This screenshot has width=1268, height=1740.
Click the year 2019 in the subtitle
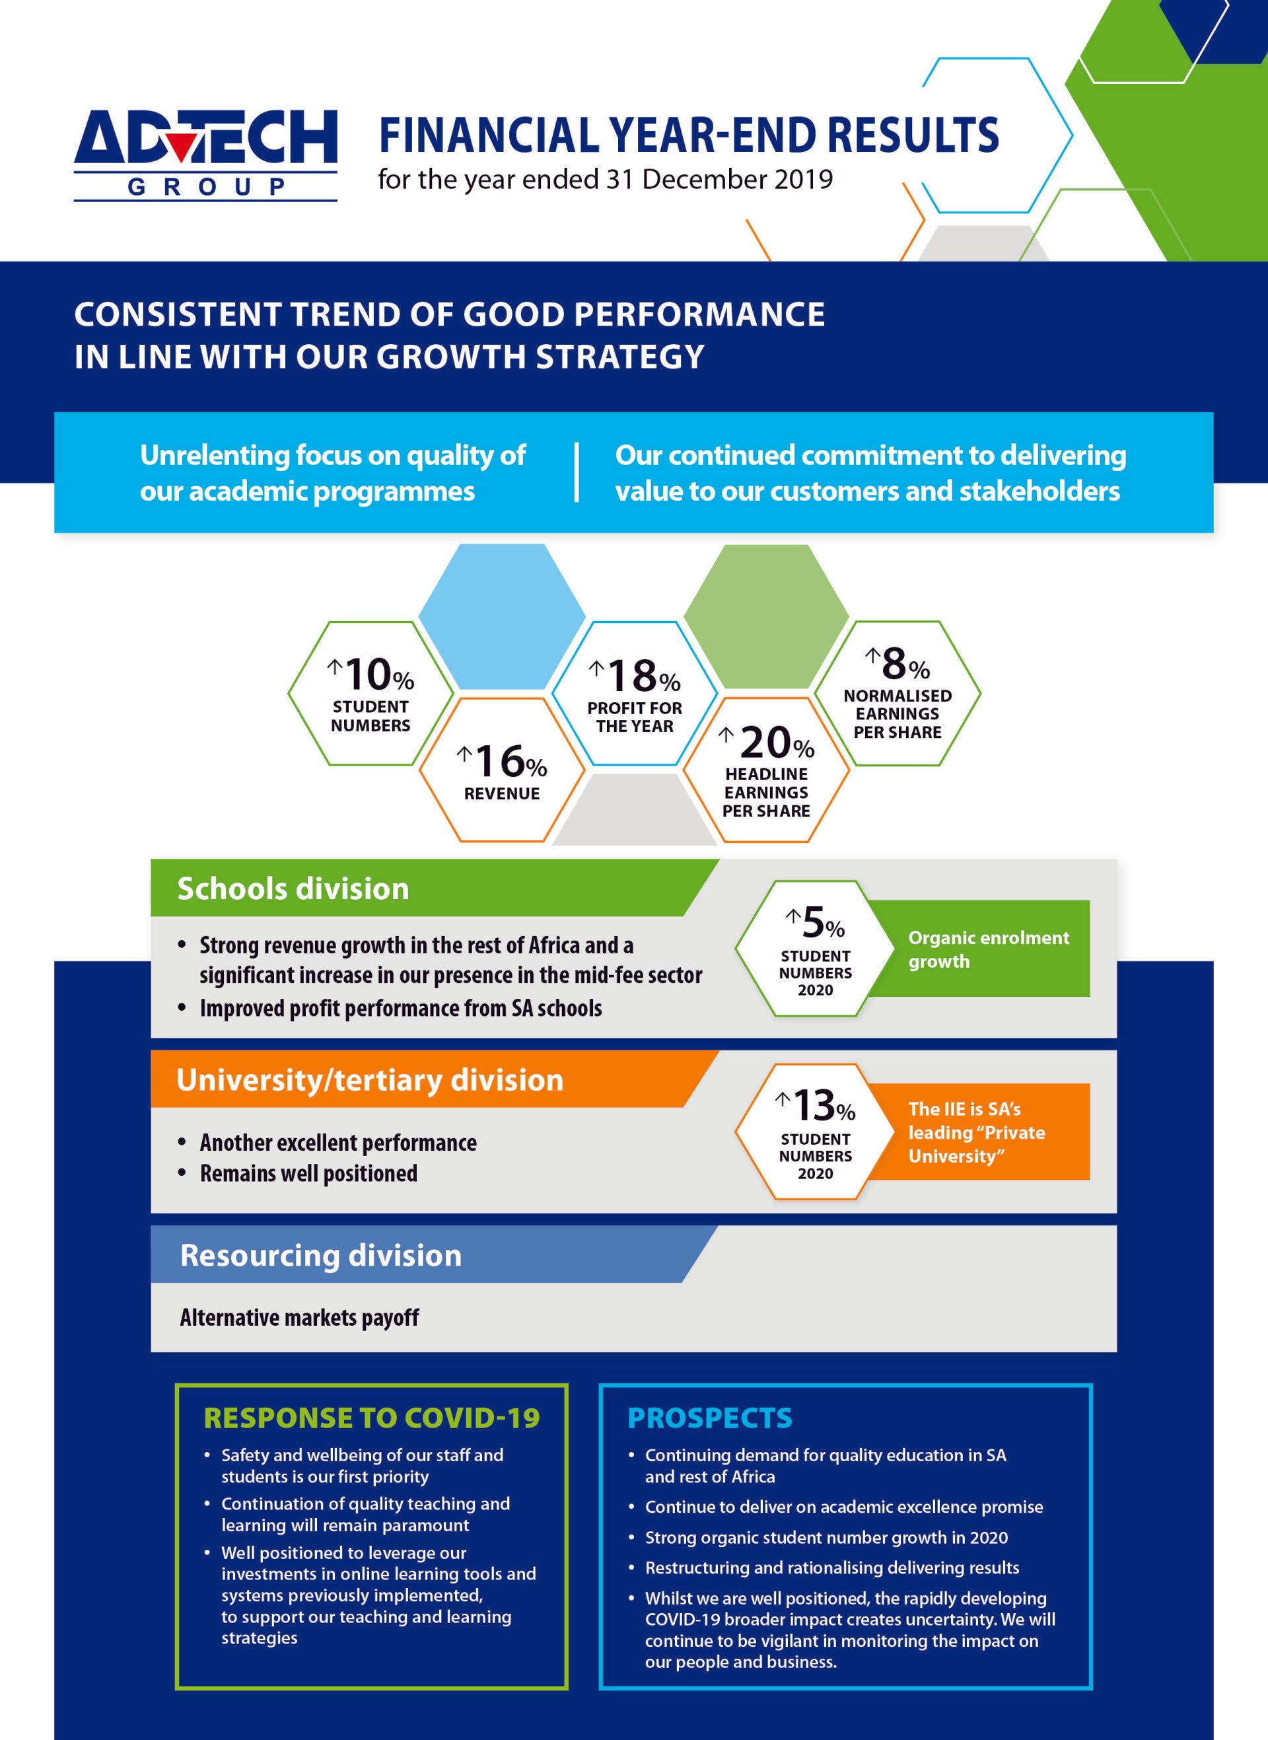tap(803, 179)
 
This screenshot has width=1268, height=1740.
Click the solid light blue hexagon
tap(502, 616)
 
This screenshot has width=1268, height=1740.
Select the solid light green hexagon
tap(766, 616)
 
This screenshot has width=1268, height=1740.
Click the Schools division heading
tap(293, 888)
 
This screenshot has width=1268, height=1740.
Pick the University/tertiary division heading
tap(369, 1080)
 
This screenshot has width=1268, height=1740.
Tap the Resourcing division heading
tap(320, 1256)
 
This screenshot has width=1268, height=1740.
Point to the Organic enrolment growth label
tap(987, 949)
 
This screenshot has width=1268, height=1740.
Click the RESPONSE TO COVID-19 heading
tap(372, 1418)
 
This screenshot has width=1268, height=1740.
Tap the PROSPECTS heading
tap(709, 1418)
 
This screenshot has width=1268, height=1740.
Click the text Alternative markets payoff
tap(299, 1318)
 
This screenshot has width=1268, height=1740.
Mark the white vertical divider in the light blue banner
tap(577, 472)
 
